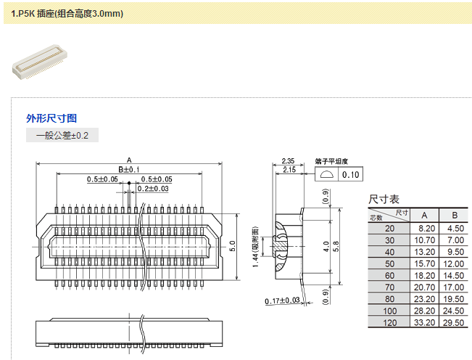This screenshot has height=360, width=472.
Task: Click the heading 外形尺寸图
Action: pyautogui.click(x=51, y=118)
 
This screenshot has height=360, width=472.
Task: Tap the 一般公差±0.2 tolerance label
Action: pyautogui.click(x=62, y=136)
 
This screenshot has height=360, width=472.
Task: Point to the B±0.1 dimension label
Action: pyautogui.click(x=128, y=169)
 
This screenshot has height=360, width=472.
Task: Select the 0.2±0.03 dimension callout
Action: pyautogui.click(x=154, y=189)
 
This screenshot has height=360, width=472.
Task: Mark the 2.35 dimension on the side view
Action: pyautogui.click(x=287, y=160)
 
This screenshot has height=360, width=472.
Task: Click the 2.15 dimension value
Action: pyautogui.click(x=287, y=170)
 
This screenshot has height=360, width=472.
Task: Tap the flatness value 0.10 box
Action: pyautogui.click(x=351, y=175)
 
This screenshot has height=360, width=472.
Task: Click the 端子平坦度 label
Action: pyautogui.click(x=332, y=160)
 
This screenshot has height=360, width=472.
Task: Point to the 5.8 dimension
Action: pyautogui.click(x=336, y=246)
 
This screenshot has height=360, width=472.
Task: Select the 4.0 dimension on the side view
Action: pyautogui.click(x=326, y=246)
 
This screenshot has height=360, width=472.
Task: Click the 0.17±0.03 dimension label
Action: pyautogui.click(x=283, y=300)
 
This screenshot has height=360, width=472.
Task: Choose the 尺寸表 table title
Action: pyautogui.click(x=384, y=199)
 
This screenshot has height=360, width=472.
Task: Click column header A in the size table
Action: pyautogui.click(x=425, y=216)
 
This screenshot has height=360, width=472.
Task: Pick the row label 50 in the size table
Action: pyautogui.click(x=390, y=263)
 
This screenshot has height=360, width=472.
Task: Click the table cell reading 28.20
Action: pyautogui.click(x=425, y=310)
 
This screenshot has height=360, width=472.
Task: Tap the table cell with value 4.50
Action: pyautogui.click(x=455, y=228)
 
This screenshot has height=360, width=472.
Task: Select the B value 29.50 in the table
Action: pyautogui.click(x=455, y=322)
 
